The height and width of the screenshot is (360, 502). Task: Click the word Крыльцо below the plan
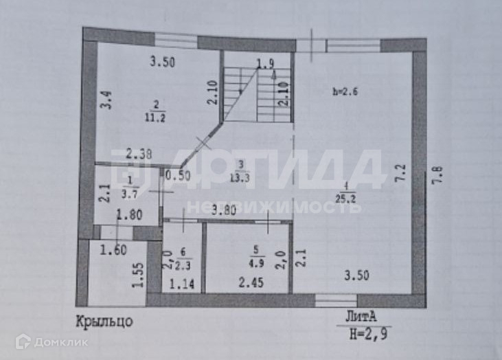[104, 320]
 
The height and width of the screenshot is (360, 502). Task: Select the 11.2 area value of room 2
[155, 117]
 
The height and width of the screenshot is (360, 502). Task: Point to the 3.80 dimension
[224, 210]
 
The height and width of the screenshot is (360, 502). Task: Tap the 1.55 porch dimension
[137, 275]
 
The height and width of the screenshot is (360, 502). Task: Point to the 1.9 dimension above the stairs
[265, 64]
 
